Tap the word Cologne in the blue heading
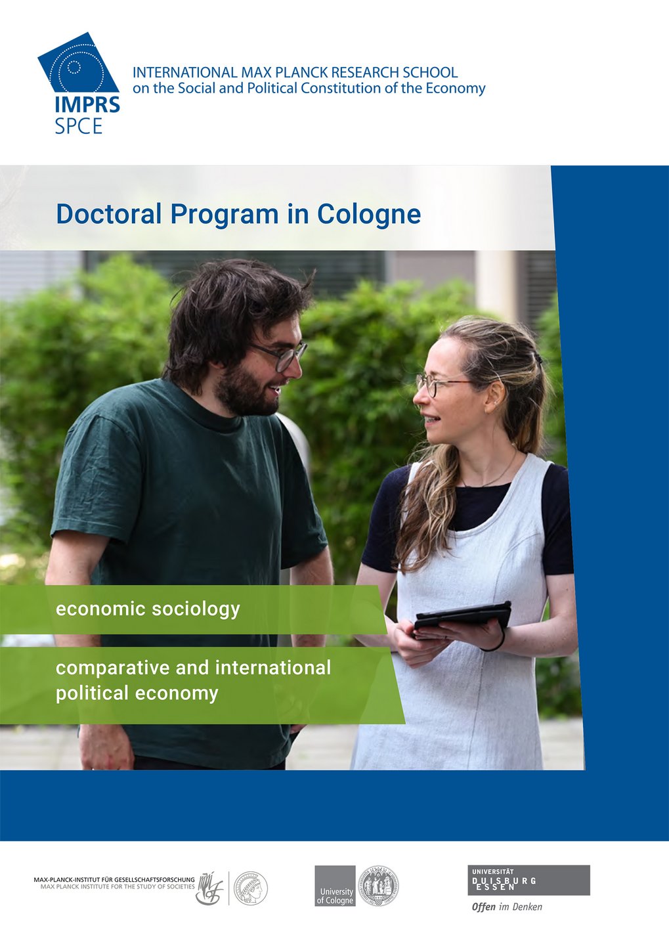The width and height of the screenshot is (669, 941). coord(368,214)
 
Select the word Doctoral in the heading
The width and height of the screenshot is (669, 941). coord(108,214)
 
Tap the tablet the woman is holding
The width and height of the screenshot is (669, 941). coord(463,617)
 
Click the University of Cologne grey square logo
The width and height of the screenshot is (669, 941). coord(335,886)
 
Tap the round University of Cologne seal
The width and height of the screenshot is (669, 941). coord(378,885)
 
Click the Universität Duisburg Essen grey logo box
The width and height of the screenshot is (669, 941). coord(530,880)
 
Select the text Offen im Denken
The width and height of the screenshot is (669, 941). coord(507,908)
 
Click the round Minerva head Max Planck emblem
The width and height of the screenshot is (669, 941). coord(251,888)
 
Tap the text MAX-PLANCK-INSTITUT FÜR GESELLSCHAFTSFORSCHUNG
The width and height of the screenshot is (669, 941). coord(114,879)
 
